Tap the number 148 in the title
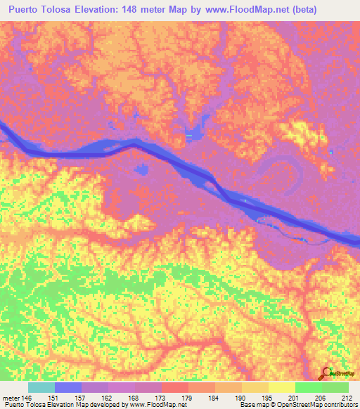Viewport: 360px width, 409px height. (x=142, y=10)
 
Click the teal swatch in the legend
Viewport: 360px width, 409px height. (x=41, y=387)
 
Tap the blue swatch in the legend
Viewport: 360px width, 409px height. (x=68, y=387)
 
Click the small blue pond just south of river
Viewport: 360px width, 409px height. (x=143, y=170)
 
